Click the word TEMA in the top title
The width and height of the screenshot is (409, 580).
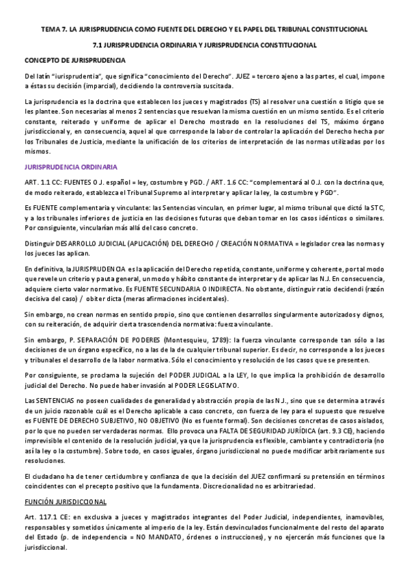[51, 29]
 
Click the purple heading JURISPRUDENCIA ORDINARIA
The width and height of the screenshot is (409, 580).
[70, 167]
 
